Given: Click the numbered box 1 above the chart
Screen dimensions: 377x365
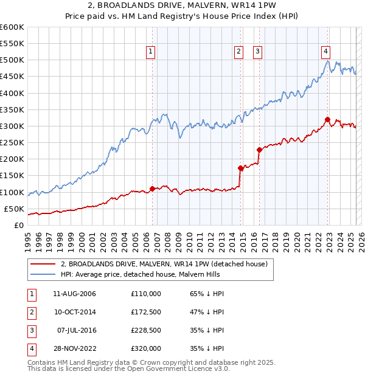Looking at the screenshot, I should pyautogui.click(x=150, y=52).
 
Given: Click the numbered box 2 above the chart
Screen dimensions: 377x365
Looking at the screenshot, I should pyautogui.click(x=239, y=52).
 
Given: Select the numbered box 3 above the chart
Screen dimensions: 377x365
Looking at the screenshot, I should pyautogui.click(x=258, y=52).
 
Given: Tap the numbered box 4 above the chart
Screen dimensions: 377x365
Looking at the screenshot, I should pyautogui.click(x=326, y=52).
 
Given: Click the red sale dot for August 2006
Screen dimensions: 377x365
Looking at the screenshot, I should pyautogui.click(x=152, y=188).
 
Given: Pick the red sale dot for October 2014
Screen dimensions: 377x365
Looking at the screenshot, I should pyautogui.click(x=240, y=168).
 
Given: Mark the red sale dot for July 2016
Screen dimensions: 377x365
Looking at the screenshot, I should pyautogui.click(x=259, y=150).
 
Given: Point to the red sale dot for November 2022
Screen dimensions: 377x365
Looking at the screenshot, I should pyautogui.click(x=327, y=120).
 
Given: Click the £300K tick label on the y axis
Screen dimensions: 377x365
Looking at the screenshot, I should pyautogui.click(x=12, y=126).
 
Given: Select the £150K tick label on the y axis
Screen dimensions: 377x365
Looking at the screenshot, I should pyautogui.click(x=12, y=176).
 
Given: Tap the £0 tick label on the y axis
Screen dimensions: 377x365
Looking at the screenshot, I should pyautogui.click(x=18, y=225).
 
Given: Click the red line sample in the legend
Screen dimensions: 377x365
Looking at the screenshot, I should pyautogui.click(x=43, y=264).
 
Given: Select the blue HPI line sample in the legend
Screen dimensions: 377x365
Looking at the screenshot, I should pyautogui.click(x=43, y=274).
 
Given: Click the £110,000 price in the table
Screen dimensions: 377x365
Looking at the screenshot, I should pyautogui.click(x=146, y=294).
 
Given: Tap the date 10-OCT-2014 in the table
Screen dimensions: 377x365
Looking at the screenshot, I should pyautogui.click(x=75, y=312).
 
